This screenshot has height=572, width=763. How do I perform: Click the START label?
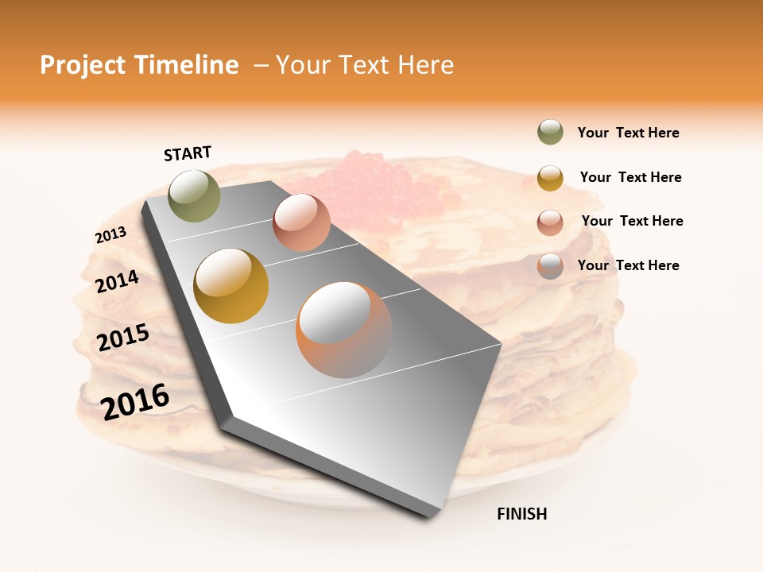(188, 153)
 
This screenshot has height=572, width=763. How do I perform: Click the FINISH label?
(522, 514)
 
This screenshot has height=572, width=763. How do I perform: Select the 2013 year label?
(110, 235)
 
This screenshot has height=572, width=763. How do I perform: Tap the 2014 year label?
(117, 281)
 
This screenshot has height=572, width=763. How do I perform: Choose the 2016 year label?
(135, 401)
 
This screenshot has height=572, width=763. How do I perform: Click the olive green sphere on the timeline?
(195, 195)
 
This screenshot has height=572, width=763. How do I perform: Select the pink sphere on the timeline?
(301, 222)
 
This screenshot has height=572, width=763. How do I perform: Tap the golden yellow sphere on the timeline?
(231, 286)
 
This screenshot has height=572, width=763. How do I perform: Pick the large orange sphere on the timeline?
(344, 330)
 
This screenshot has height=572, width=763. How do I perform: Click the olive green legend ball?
(550, 133)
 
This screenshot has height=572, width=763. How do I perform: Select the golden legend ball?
(550, 178)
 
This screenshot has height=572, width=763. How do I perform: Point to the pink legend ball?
(550, 222)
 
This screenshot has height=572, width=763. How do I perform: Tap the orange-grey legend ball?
(550, 266)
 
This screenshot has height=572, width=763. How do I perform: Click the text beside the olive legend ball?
(628, 133)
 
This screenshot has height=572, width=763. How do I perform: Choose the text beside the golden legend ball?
(630, 177)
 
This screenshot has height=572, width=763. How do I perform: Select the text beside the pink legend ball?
(632, 221)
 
